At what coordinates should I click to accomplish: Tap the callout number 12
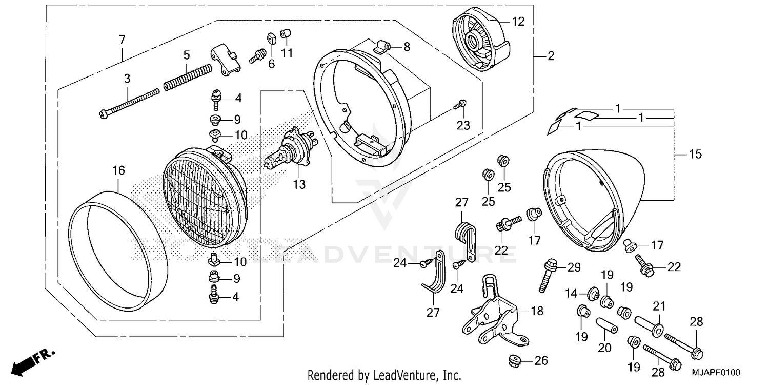518,22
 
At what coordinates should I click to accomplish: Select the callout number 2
551,56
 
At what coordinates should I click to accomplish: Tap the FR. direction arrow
32,360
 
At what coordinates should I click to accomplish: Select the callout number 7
122,39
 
